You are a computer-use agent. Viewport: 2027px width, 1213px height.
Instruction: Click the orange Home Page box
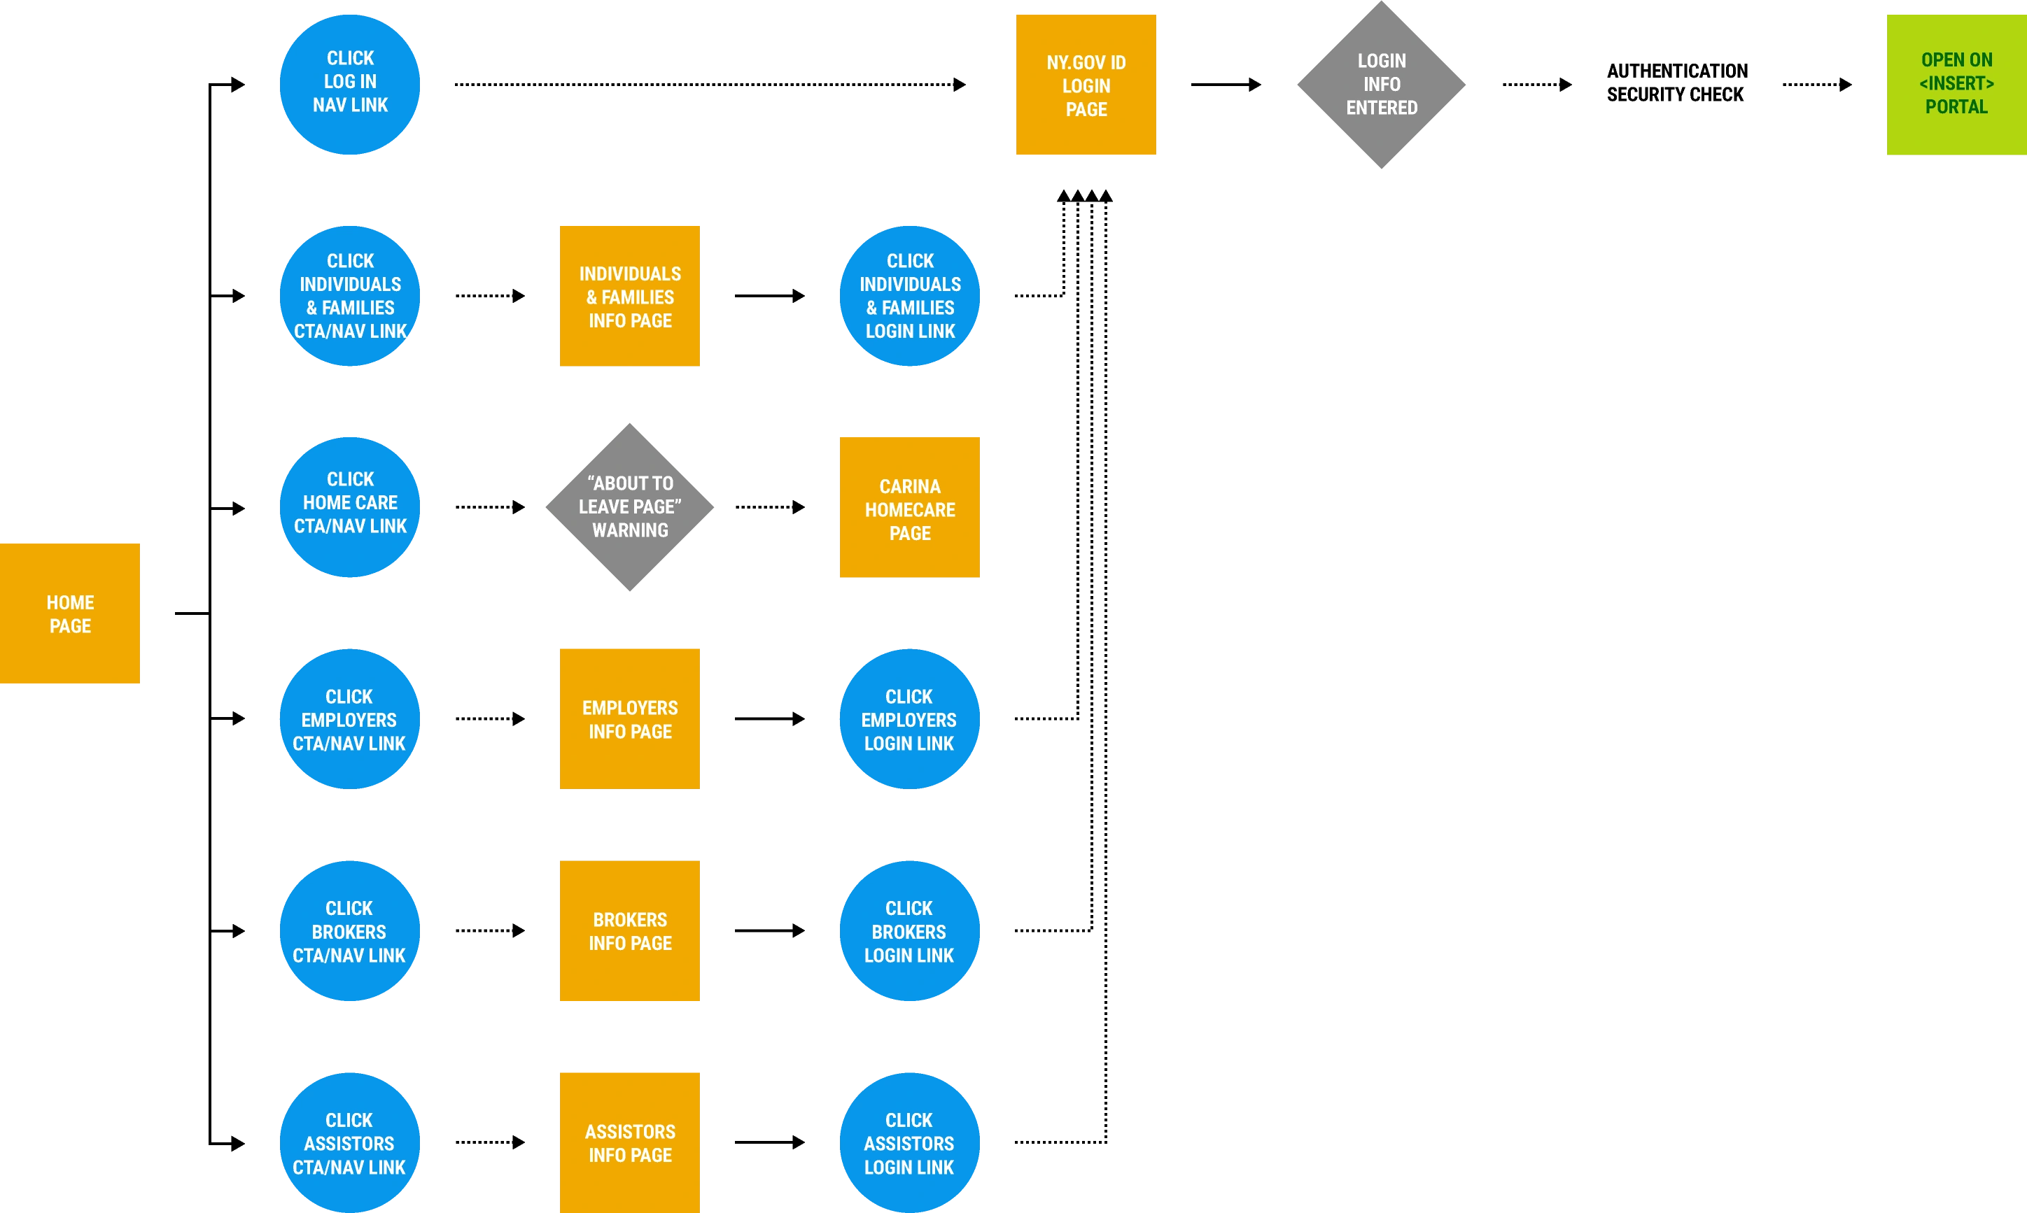(69, 614)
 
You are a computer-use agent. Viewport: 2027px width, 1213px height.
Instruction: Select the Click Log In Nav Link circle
(350, 83)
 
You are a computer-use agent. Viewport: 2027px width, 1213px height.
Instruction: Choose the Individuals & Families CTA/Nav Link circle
(350, 296)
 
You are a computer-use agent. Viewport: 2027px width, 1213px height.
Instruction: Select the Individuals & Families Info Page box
(630, 296)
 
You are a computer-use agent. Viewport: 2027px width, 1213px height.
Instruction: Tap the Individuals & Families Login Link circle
(909, 296)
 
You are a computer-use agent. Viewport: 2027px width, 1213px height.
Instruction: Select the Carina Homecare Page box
(909, 509)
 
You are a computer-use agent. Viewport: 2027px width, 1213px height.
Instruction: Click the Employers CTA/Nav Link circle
(350, 719)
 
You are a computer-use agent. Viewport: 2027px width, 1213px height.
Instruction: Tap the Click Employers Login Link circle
(909, 719)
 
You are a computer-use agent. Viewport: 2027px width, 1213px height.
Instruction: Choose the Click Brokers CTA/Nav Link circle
(350, 931)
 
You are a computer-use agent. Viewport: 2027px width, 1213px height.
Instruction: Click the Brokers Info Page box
(630, 930)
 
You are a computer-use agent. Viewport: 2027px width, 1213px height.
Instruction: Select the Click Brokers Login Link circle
(909, 931)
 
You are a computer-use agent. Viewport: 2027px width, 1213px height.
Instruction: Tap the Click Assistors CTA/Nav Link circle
(350, 1143)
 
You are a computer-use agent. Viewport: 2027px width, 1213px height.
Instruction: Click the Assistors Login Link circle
(909, 1143)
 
